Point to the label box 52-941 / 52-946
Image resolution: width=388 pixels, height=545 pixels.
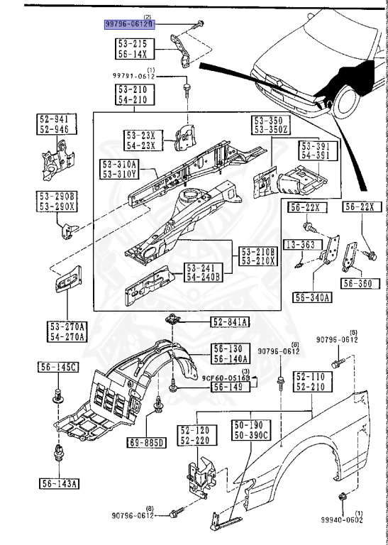pyautogui.click(x=55, y=125)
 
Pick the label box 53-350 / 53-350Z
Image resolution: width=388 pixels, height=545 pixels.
pyautogui.click(x=269, y=126)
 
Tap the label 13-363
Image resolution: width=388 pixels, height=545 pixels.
pyautogui.click(x=301, y=244)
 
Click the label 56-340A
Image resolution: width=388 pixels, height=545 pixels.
pyautogui.click(x=312, y=297)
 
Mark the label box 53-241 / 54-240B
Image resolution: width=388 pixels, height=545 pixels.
pyautogui.click(x=204, y=272)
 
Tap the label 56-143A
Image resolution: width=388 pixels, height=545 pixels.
pyautogui.click(x=59, y=485)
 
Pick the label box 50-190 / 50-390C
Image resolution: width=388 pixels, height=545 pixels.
pyautogui.click(x=250, y=429)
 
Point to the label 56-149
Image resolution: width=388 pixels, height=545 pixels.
pyautogui.click(x=229, y=387)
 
